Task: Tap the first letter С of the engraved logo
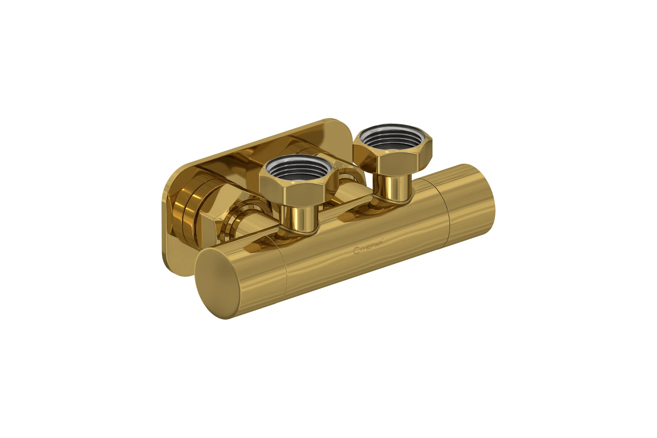click(356, 251)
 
